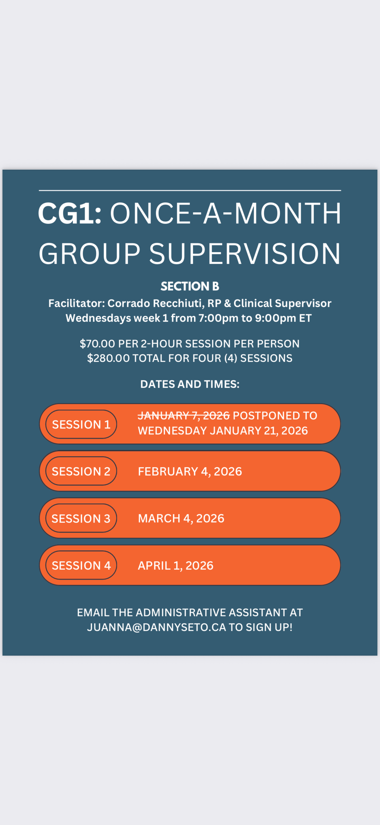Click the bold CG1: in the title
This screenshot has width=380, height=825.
[x=70, y=213]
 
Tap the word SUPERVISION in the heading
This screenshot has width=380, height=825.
[x=245, y=254]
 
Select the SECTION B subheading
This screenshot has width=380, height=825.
[x=190, y=286]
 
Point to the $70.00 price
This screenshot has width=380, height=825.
[x=97, y=344]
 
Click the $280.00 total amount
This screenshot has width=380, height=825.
[x=108, y=358]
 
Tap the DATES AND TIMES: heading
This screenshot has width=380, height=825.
[x=190, y=384]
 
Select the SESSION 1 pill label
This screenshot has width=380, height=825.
[x=81, y=424]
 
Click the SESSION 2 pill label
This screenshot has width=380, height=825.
[x=81, y=471]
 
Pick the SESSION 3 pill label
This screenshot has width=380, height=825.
[x=81, y=518]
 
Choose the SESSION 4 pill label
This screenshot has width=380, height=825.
[x=81, y=565]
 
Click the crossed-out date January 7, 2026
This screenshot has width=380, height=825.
[x=184, y=416]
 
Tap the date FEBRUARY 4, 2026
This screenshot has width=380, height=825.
[x=190, y=472]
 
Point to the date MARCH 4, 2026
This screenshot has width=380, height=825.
[x=181, y=518]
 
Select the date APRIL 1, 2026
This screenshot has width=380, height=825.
[x=176, y=566]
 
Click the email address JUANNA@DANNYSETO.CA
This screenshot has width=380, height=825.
[x=157, y=627]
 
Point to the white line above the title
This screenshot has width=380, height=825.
[x=190, y=191]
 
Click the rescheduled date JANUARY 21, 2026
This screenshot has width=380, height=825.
[x=259, y=431]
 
